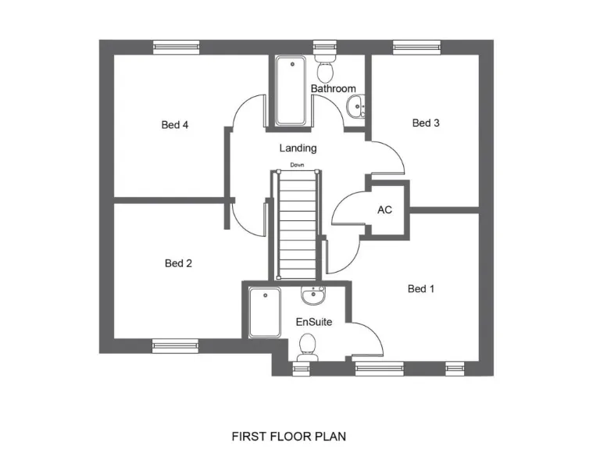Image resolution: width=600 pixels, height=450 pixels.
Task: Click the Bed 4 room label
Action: coord(175,124)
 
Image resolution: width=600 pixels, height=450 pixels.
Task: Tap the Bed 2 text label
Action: coord(178,263)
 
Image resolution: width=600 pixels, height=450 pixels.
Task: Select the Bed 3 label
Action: coord(426,123)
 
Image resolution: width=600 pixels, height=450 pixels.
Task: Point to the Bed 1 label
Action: coord(421,289)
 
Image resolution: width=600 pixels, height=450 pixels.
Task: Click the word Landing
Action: coord(298,148)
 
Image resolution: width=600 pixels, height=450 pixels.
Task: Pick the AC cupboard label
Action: coord(384,210)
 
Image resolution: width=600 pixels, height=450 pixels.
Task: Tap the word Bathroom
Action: coord(333,89)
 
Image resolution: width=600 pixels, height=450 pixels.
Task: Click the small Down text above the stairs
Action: coord(297,165)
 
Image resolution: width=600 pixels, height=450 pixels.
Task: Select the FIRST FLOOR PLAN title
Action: coord(289,437)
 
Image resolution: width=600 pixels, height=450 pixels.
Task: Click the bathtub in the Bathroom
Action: coord(291,91)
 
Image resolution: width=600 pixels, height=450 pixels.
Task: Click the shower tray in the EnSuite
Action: coord(264,312)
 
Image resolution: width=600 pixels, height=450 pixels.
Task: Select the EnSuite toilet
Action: coord(308,345)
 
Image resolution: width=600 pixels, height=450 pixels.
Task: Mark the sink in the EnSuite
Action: coord(313,295)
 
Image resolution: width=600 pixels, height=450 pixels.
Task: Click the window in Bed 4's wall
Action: coord(175,47)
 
